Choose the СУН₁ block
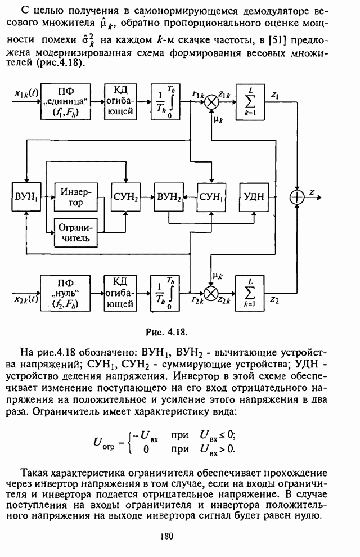tap(211, 197)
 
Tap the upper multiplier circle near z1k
tap(212, 102)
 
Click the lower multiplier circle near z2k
tap(212, 293)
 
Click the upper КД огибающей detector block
tap(121, 102)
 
